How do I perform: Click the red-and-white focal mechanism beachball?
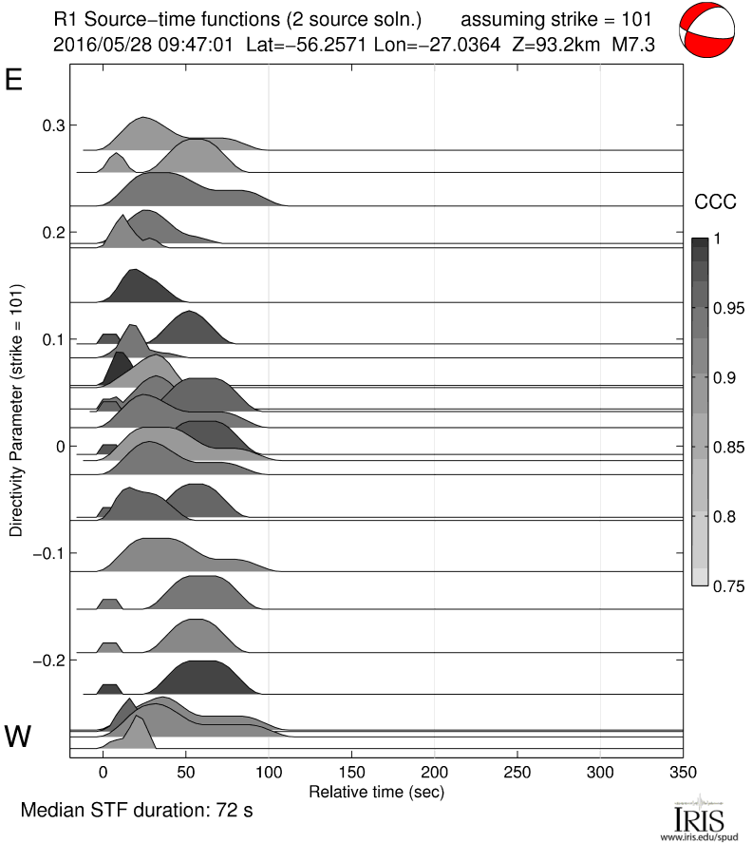click(708, 29)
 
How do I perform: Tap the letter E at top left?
click(13, 80)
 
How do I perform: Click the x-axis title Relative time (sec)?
click(377, 791)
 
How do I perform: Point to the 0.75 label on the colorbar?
click(729, 584)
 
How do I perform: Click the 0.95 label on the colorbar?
click(729, 308)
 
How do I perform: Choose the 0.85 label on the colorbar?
click(729, 447)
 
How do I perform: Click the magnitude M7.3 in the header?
click(633, 44)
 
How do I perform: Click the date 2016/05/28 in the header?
click(99, 44)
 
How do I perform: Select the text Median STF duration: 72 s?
click(138, 811)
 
